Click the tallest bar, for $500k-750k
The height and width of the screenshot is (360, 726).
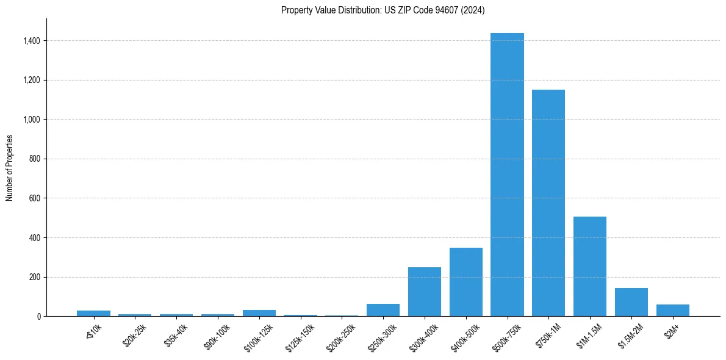click(x=507, y=175)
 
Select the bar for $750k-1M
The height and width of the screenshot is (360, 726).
click(x=548, y=203)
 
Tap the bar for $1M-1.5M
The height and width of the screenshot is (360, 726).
click(x=590, y=266)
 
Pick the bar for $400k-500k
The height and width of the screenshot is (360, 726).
click(x=466, y=282)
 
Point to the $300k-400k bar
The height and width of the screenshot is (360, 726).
click(x=425, y=292)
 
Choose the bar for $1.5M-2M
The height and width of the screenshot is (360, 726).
click(x=631, y=302)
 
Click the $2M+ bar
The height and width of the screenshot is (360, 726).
click(x=673, y=310)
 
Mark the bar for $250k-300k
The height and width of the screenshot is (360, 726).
click(x=383, y=310)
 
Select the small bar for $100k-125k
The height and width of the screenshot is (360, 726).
click(x=259, y=313)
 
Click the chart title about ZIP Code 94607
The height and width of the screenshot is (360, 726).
click(x=383, y=10)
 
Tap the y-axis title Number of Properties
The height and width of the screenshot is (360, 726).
click(x=10, y=168)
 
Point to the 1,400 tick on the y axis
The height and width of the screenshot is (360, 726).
click(x=32, y=41)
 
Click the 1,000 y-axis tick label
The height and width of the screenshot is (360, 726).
click(x=32, y=120)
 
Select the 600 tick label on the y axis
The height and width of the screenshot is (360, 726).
click(x=35, y=198)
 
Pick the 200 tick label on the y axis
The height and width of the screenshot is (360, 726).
click(x=35, y=277)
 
